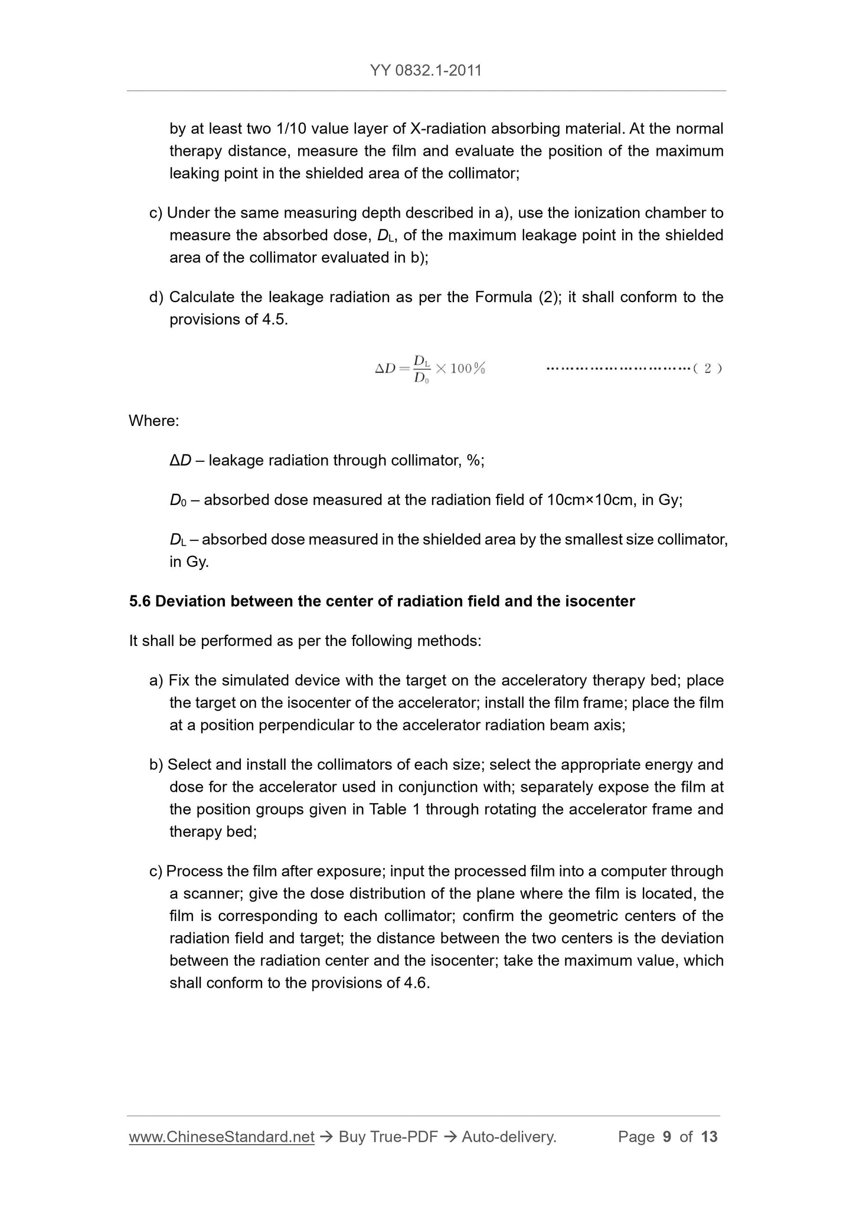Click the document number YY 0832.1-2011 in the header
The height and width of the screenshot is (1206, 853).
pos(426,71)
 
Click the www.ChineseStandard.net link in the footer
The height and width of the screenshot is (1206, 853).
pos(221,1136)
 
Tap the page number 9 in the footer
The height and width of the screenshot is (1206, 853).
pos(667,1136)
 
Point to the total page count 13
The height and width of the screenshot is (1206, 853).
pos(709,1136)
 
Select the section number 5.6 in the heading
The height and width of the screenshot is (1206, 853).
pos(140,601)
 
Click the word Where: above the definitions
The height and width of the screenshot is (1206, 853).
pos(153,421)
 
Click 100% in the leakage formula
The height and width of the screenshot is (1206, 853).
pos(468,369)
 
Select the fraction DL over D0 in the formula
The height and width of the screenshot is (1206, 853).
pos(421,369)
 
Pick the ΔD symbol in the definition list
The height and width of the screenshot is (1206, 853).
pos(180,460)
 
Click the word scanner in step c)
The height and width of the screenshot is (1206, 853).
pos(213,893)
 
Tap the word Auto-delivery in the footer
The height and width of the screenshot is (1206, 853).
pos(509,1136)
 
